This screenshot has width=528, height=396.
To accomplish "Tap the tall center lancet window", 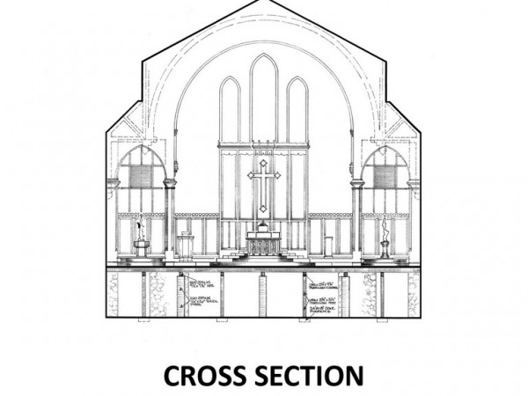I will tap(264, 97).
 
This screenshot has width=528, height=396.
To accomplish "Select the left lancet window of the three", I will tap(230, 110).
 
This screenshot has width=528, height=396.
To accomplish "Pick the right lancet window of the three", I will tap(297, 110).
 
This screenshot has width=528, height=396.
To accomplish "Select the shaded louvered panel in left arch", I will tap(141, 176).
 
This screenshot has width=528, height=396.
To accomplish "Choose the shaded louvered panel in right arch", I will tap(385, 176).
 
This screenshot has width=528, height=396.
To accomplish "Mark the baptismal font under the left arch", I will tap(141, 246).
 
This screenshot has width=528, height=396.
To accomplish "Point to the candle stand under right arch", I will tap(385, 242).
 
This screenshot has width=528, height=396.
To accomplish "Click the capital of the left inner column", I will tap(170, 183).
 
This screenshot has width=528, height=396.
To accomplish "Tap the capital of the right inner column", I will tap(357, 183).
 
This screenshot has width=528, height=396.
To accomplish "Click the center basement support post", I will tap(262, 294).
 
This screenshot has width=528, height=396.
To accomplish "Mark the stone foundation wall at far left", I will tap(113, 294).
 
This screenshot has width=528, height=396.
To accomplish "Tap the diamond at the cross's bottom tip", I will tap(264, 209).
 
